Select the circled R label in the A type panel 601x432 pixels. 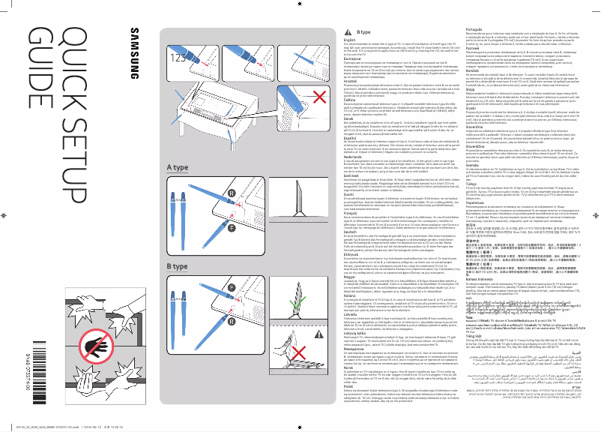pos(314,193)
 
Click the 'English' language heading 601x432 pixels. pos(348,39)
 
